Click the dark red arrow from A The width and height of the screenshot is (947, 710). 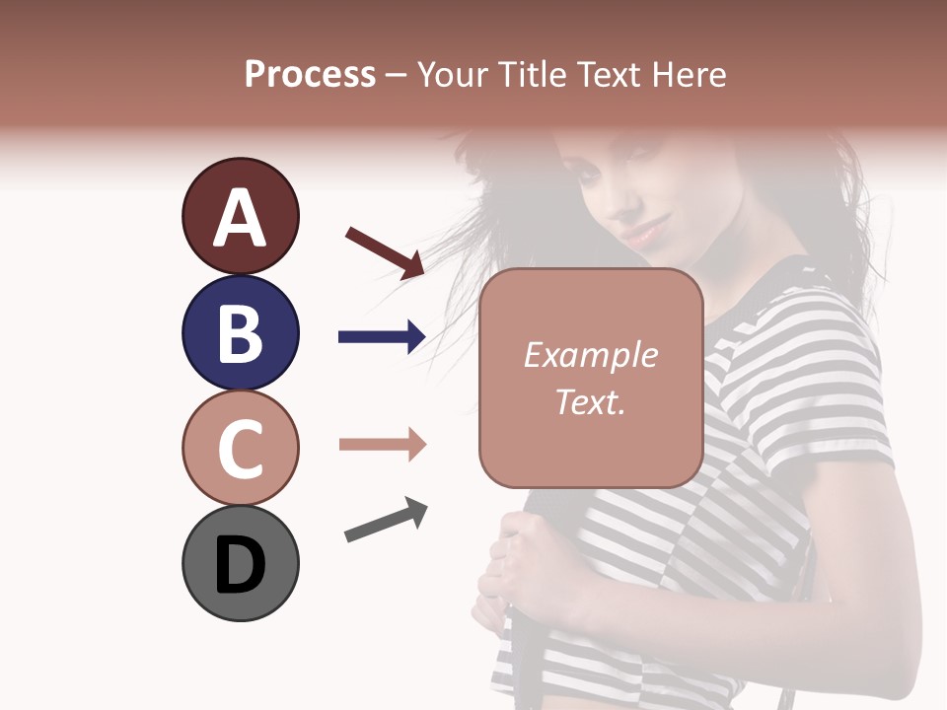tap(385, 251)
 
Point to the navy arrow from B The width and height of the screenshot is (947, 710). tap(382, 337)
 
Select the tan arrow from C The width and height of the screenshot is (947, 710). tap(382, 445)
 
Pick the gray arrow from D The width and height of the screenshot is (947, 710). tap(386, 520)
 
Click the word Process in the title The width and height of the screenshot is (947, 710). tap(310, 75)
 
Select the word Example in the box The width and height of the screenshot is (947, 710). tap(590, 356)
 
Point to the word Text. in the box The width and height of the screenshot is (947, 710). tap(590, 402)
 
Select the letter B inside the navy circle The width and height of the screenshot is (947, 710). tap(240, 333)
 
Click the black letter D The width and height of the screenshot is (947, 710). tap(240, 565)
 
